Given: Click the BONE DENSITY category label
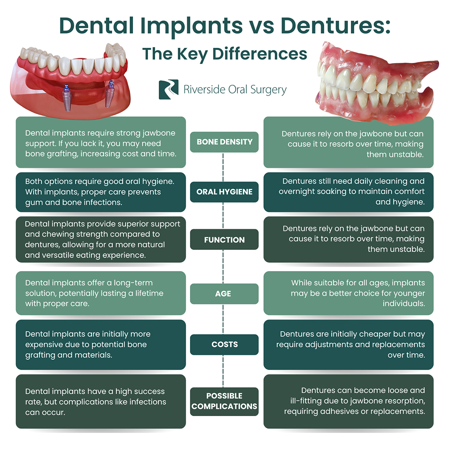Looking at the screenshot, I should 224,142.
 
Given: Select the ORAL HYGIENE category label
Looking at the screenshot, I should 224,192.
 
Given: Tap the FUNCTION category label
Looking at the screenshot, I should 224,240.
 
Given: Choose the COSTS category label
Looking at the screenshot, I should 224,344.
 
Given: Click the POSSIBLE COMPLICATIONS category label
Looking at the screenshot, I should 224,401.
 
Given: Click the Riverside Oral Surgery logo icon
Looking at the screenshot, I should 168,89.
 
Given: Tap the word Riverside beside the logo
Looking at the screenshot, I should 203,89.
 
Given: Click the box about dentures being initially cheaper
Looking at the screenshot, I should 348,345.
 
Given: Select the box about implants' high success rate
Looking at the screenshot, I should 101,402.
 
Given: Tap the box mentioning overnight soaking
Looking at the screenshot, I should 348,192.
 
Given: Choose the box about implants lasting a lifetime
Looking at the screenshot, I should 101,293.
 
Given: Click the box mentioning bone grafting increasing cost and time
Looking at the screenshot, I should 101,142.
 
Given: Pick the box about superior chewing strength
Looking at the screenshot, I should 101,239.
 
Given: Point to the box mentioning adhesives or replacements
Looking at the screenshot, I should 348,401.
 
